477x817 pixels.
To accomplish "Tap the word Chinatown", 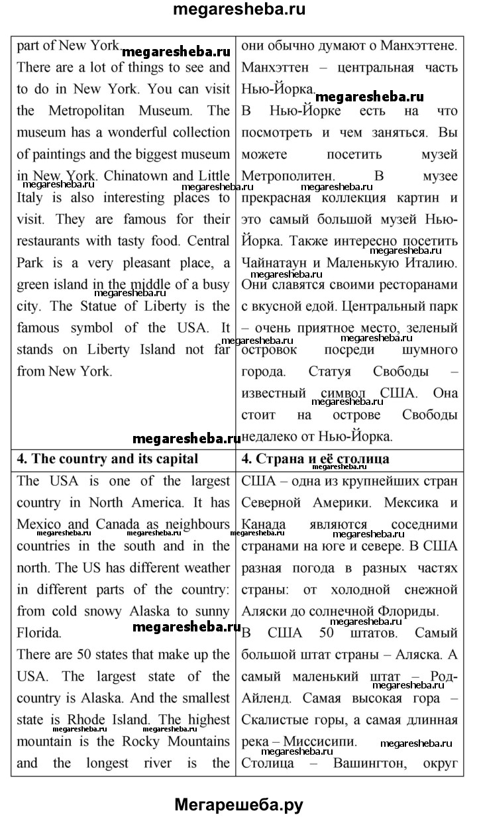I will [x=141, y=176].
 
